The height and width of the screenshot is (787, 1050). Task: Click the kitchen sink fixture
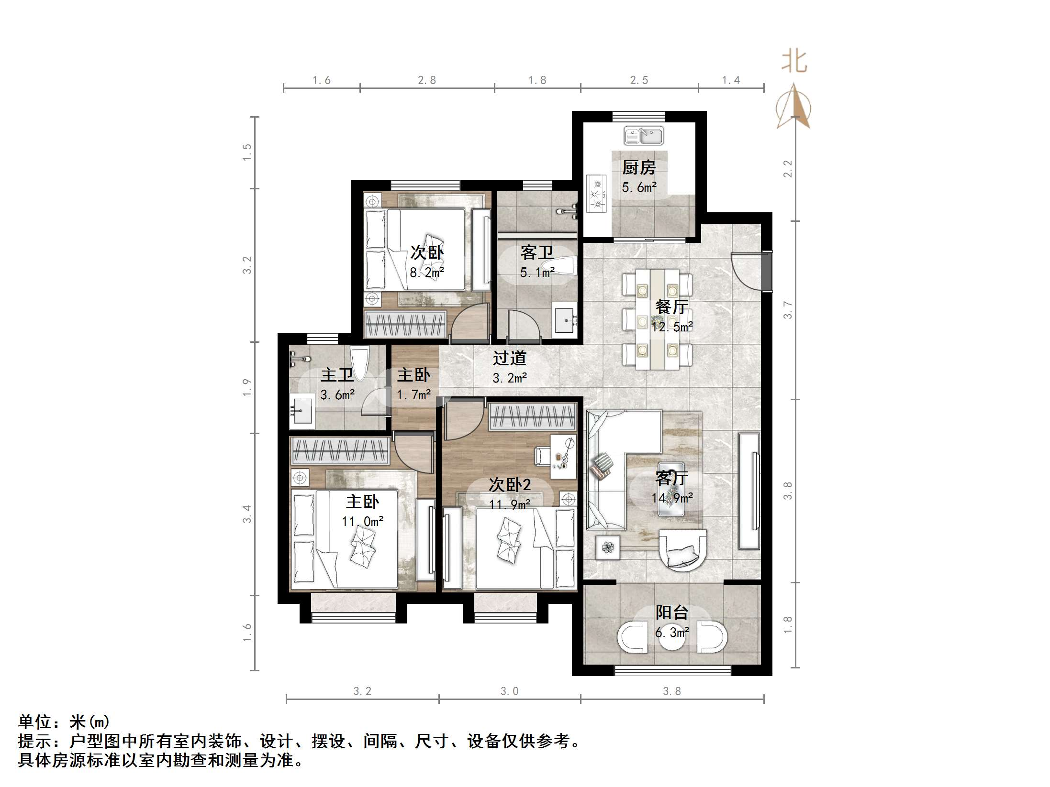click(643, 136)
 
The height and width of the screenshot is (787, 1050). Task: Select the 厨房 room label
click(639, 167)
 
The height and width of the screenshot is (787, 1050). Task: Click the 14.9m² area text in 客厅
click(672, 498)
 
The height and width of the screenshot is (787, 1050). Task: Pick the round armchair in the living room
click(682, 550)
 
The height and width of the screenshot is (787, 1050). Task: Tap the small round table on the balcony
click(672, 637)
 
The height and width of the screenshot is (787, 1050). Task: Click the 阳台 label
click(672, 612)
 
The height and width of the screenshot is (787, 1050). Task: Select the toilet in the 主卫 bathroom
click(359, 363)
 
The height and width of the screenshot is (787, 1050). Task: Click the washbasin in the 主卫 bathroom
click(302, 410)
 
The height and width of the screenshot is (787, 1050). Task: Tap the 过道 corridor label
click(510, 358)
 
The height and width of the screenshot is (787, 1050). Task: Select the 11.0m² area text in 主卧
click(363, 521)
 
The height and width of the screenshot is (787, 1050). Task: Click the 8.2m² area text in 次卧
click(427, 273)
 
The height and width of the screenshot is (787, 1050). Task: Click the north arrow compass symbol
click(793, 107)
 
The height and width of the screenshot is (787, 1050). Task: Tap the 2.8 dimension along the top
click(427, 80)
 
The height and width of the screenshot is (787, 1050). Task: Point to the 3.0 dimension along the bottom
click(510, 691)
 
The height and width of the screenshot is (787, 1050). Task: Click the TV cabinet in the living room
click(749, 491)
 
